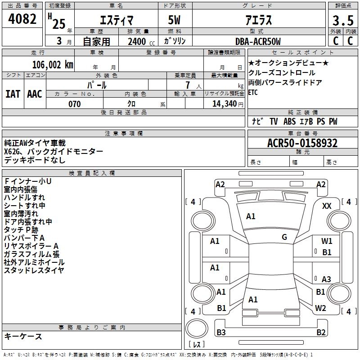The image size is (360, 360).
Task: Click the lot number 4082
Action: (22, 20)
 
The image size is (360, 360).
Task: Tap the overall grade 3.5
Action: (342, 21)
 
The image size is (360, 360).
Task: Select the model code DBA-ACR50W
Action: (258, 41)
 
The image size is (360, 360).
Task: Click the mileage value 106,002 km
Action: (53, 64)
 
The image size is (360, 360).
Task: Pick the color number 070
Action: (74, 104)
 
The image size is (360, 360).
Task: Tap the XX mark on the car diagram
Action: (327, 206)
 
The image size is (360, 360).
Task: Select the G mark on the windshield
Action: (284, 237)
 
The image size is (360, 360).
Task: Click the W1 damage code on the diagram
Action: (327, 241)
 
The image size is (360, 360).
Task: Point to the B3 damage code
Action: (221, 333)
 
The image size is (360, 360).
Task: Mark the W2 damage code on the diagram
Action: (320, 308)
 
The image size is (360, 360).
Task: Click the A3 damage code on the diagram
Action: (326, 279)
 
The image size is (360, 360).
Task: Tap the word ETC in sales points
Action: (253, 93)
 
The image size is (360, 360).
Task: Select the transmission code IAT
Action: (13, 94)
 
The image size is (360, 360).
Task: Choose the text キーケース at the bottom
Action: (23, 337)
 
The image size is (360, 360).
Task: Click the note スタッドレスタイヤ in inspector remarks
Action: (34, 270)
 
